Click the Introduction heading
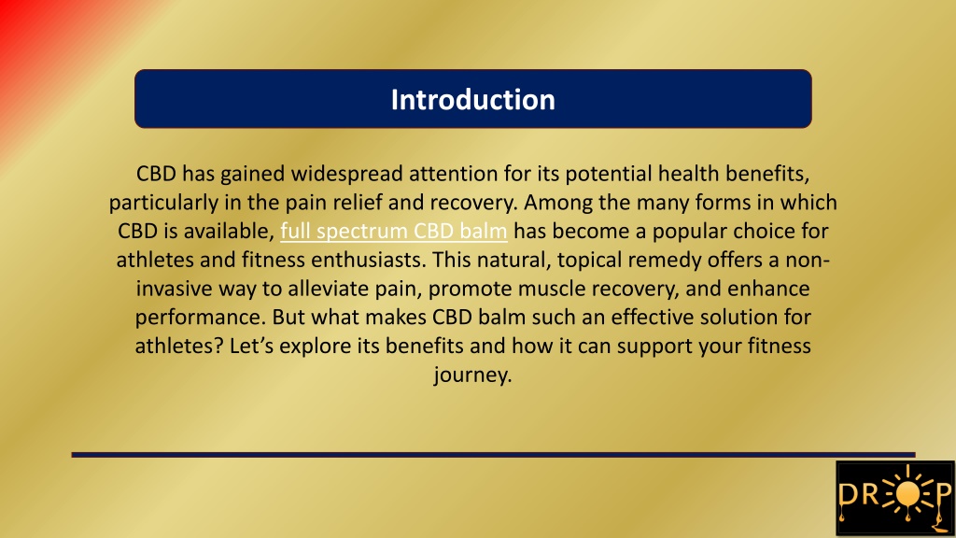[472, 100]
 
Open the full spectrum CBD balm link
[394, 232]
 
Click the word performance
[200, 318]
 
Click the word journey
[472, 375]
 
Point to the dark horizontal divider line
[493, 455]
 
